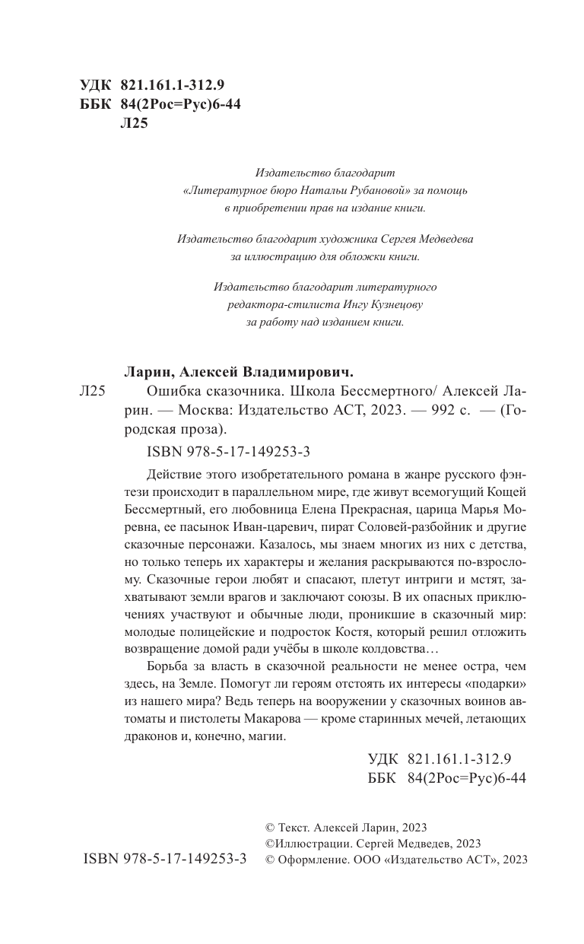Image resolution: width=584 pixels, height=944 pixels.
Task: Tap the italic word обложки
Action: (x=362, y=256)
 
